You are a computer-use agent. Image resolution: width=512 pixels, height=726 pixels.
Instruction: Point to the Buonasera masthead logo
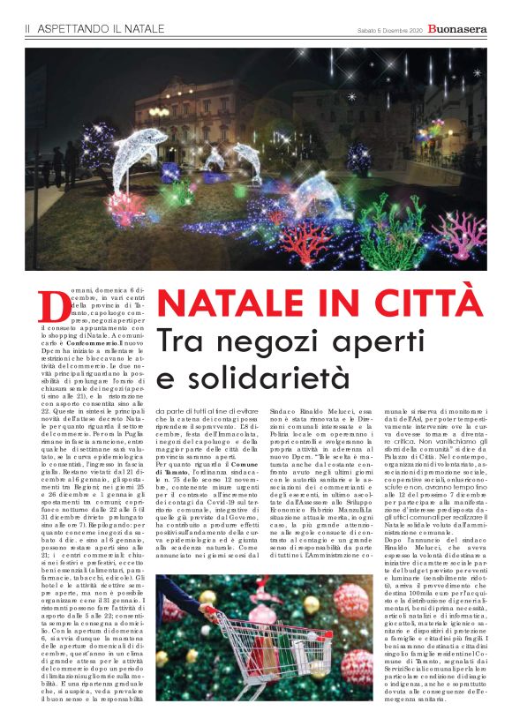pos(456,29)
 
